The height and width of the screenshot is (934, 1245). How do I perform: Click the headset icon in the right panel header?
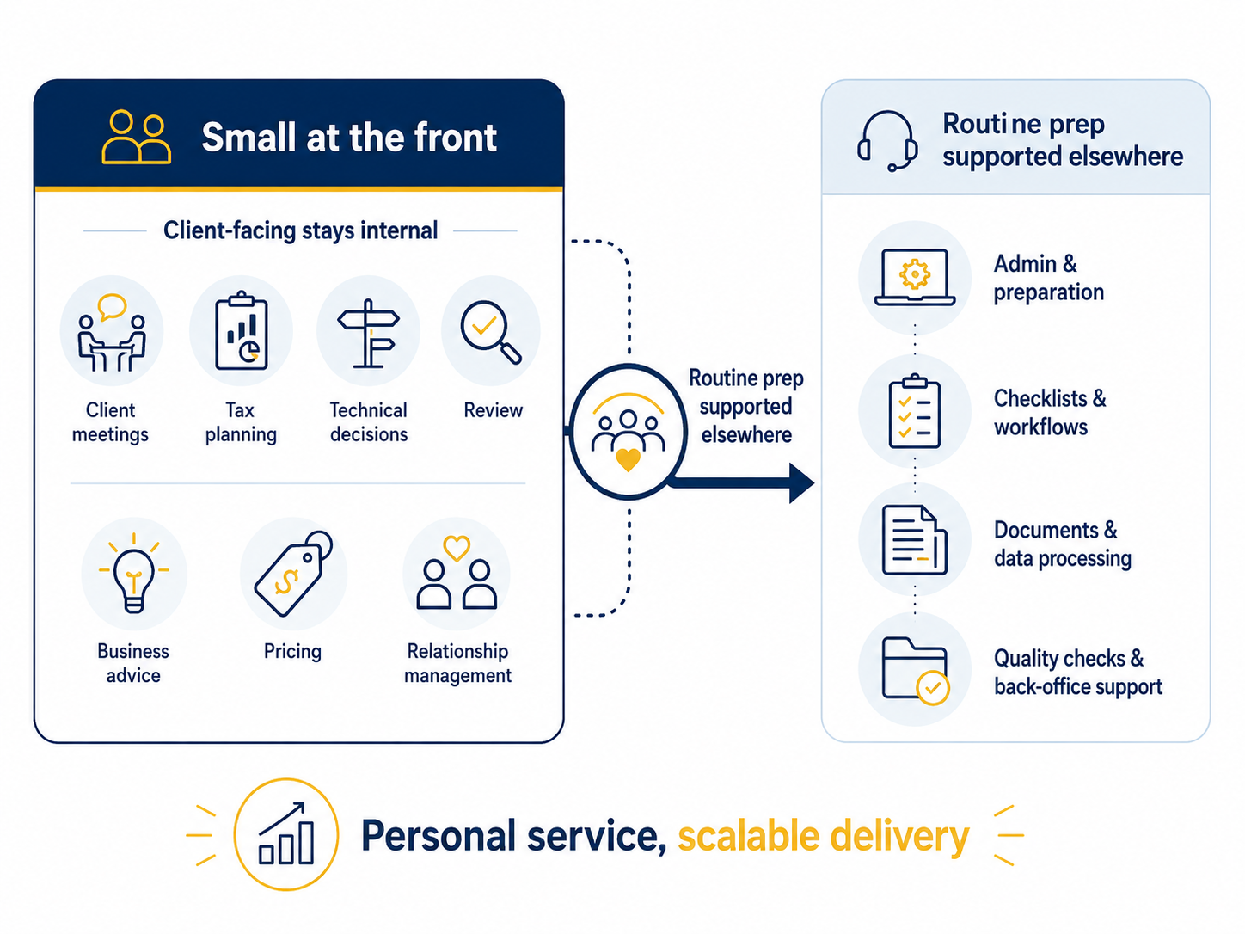(887, 141)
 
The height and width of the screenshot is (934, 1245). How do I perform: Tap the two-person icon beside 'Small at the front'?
(136, 138)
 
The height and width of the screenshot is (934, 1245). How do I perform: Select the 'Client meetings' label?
(110, 422)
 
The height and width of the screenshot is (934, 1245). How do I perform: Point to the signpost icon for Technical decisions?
(369, 334)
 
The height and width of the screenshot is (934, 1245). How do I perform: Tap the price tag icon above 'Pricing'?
(293, 573)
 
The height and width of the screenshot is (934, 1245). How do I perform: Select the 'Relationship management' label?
(457, 663)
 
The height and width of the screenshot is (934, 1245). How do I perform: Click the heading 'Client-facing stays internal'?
(301, 230)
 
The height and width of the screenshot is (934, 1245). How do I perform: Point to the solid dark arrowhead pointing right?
(801, 482)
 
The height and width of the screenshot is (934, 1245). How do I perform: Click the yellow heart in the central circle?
(628, 459)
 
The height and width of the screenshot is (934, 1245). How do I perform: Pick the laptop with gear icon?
(914, 277)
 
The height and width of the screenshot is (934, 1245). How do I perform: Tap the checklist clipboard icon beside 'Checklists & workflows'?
(914, 411)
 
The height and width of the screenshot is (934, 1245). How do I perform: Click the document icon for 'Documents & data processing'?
(914, 540)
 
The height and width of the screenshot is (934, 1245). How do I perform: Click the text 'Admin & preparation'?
(1049, 278)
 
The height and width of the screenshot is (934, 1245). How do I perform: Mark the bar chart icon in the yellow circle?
(285, 833)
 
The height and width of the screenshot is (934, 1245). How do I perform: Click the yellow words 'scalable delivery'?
(824, 837)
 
